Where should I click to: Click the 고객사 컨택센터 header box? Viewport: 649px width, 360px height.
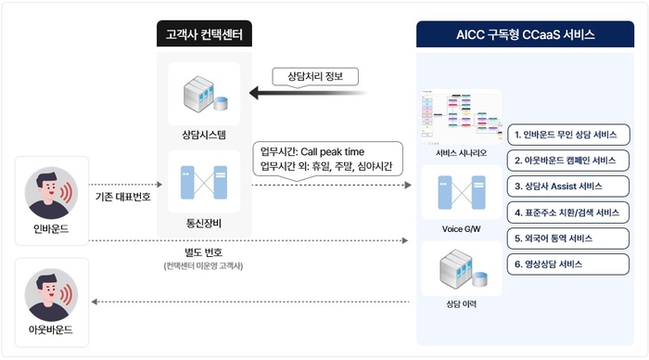coord(203,35)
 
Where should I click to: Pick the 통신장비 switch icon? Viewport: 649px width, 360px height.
coord(203,186)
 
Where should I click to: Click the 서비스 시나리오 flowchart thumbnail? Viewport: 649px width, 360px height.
coord(460,115)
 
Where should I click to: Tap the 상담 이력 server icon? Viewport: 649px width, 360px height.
coord(461,269)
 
